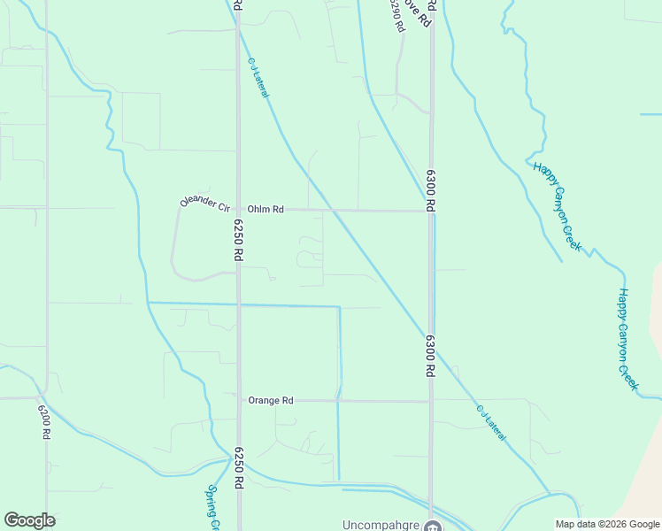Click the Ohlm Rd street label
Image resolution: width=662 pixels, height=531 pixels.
266,210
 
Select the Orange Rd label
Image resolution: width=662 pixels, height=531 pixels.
270,400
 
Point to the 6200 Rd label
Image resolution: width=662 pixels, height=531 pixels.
43,420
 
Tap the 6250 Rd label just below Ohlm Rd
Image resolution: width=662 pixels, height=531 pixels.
238,239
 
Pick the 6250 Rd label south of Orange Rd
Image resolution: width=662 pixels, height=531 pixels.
238,468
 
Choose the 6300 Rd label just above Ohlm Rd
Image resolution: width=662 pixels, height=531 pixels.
431,189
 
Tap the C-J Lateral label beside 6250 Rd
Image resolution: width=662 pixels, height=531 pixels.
258,78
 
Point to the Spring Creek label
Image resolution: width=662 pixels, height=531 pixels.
213,506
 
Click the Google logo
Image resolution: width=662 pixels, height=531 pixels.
29,520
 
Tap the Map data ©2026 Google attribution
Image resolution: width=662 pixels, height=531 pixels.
606,524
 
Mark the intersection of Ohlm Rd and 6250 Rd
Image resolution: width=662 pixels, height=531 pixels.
238,210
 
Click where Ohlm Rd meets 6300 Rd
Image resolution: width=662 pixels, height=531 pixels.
431,211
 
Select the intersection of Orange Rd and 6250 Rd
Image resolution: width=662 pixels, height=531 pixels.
239,400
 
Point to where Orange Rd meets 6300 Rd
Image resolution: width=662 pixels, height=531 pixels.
431,401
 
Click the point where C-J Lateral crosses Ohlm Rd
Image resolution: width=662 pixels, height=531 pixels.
333,211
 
